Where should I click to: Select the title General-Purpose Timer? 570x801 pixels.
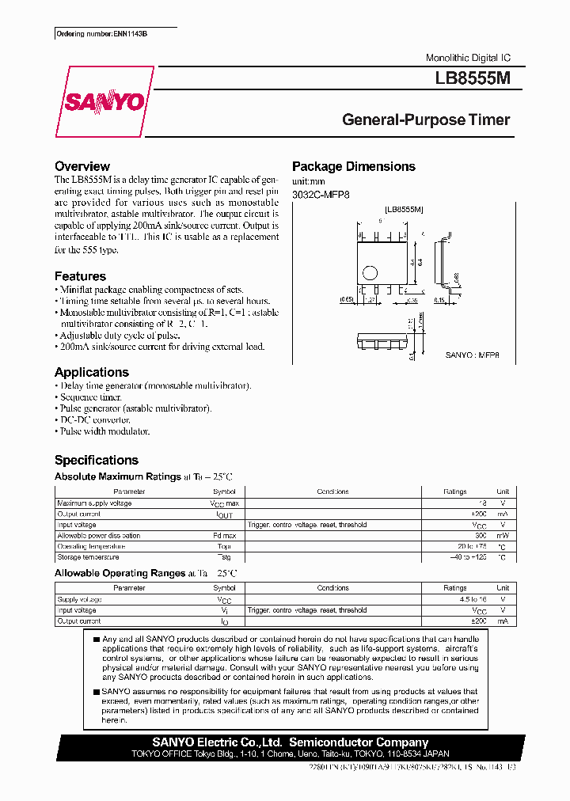426,120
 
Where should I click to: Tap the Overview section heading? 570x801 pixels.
82,166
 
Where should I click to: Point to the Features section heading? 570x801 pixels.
80,276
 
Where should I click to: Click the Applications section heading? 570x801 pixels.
91,372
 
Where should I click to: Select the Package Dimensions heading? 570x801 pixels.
353,166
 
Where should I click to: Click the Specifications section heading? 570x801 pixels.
96,460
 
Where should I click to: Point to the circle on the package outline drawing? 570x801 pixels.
369,273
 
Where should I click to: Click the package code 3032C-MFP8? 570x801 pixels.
321,194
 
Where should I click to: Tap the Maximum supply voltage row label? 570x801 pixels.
94,503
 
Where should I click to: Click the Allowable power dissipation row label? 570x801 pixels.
98,536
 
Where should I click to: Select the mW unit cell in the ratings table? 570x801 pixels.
502,536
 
